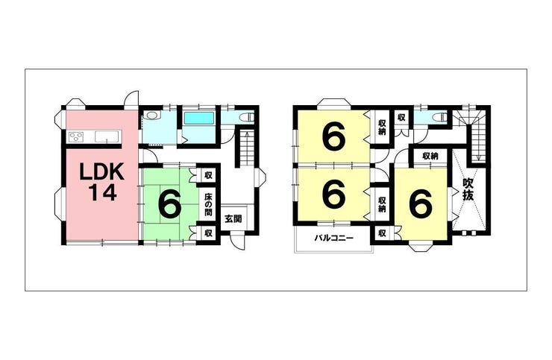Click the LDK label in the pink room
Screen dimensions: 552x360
[101, 171]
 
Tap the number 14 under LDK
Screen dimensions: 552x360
[102, 192]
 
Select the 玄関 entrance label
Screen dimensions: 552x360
[233, 219]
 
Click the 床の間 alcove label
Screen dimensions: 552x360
[208, 204]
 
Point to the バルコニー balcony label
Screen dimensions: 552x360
[334, 239]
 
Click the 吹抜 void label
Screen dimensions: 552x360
[468, 189]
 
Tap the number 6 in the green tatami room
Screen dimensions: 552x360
[170, 204]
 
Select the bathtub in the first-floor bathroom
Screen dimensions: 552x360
[199, 119]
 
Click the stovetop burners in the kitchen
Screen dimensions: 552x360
[76, 136]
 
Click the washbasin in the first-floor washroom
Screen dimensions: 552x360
[152, 116]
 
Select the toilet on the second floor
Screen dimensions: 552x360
[440, 116]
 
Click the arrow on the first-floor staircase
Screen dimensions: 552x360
[247, 148]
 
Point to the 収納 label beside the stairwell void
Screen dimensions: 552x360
[430, 156]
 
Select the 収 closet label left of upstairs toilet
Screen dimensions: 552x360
[401, 117]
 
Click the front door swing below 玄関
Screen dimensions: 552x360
[238, 241]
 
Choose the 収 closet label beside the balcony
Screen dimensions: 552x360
[382, 233]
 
